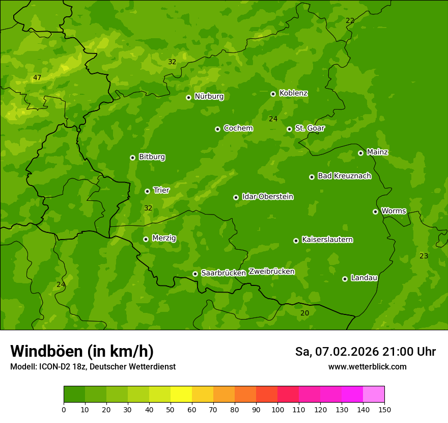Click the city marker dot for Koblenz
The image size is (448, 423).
tap(273, 94)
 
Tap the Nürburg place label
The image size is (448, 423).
tap(209, 96)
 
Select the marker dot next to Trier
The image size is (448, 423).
tap(148, 191)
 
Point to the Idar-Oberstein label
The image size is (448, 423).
tap(267, 197)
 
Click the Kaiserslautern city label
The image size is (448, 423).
tap(327, 240)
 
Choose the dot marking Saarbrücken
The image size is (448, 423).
tap(195, 274)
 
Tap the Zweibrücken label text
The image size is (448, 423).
tap(271, 272)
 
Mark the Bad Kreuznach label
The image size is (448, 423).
tap(344, 176)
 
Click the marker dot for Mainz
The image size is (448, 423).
tap(360, 153)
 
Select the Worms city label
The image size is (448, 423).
tap(394, 211)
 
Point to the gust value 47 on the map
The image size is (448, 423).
tap(37, 78)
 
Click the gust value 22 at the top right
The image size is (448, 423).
tap(350, 20)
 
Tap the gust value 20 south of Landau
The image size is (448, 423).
tap(304, 313)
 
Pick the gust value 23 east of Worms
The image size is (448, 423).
tap(424, 256)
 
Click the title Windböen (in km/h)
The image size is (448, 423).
tap(81, 352)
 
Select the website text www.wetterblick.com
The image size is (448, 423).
tap(367, 366)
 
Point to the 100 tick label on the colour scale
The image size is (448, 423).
tap(277, 409)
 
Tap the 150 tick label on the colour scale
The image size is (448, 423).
tap(384, 409)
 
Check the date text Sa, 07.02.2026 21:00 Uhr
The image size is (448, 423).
tap(365, 352)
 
